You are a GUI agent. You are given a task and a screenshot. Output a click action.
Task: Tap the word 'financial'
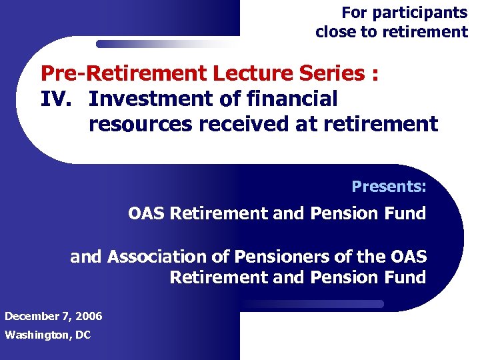click(293, 99)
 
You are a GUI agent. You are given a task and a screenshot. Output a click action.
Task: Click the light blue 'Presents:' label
click(389, 186)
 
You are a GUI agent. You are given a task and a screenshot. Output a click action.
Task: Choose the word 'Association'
click(167, 257)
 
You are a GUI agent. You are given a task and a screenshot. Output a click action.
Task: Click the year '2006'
click(89, 316)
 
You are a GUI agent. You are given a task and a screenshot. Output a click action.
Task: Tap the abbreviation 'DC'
click(83, 335)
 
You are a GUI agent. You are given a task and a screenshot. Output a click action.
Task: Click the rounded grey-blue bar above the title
click(167, 44)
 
